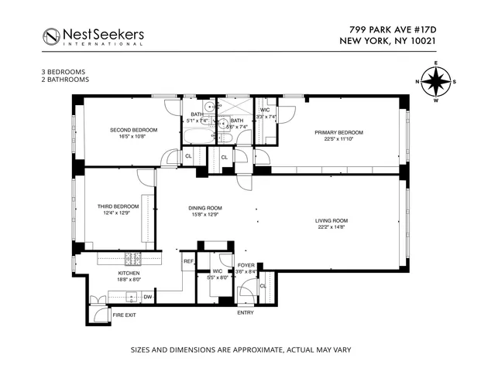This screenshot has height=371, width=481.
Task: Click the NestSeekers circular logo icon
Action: click(52, 36)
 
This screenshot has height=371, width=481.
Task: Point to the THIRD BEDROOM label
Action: click(118, 206)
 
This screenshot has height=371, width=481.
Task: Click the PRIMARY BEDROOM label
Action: click(338, 132)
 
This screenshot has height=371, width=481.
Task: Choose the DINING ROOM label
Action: click(204, 208)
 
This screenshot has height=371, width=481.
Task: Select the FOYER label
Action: click(246, 264)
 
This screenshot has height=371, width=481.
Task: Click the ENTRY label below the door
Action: click(245, 313)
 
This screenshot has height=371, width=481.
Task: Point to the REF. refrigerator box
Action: click(188, 262)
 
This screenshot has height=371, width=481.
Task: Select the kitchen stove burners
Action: click(132, 259)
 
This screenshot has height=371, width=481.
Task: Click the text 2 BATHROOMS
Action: click(66, 79)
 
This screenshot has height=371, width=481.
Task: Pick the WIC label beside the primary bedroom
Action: click(265, 110)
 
